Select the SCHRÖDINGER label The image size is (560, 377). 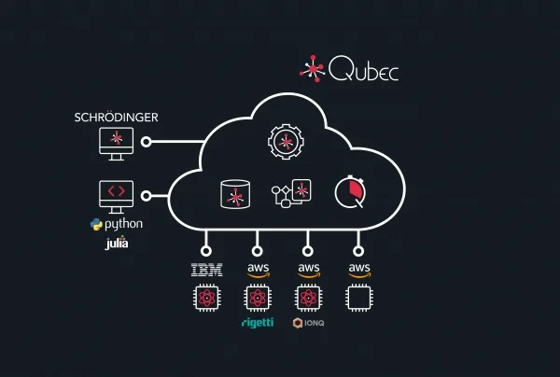coord(116,119)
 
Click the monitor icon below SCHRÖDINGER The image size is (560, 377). coord(116,143)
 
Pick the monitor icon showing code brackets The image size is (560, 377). coord(116,195)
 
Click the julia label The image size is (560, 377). coord(117,244)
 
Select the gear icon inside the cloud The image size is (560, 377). coord(285,142)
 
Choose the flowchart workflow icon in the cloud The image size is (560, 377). coord(290,193)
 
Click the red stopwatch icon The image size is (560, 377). coord(351,192)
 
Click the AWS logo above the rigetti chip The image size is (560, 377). coord(257,271)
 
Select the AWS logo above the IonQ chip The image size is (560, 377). coord(308,271)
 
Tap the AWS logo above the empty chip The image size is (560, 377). coord(359,271)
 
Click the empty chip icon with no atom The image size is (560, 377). coord(359,299)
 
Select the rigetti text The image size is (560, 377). coord(257,323)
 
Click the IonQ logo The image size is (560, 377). coord(308,323)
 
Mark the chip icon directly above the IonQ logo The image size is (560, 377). coord(308,299)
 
